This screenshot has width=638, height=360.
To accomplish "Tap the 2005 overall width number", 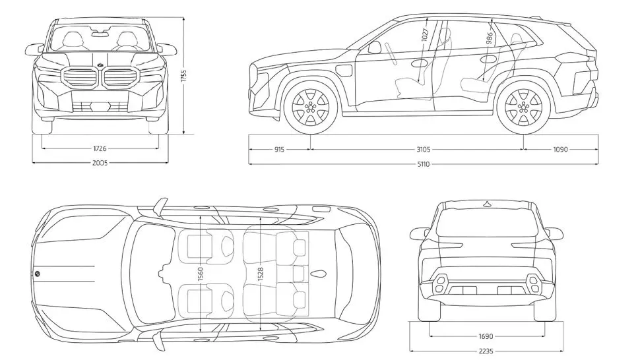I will (x=100, y=163).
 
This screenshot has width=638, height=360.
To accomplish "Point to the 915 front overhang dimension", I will (x=278, y=150).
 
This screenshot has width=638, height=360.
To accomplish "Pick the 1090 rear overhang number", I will (x=559, y=150).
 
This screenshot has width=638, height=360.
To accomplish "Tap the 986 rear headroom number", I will (x=489, y=38).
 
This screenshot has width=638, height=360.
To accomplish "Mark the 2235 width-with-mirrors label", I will (x=486, y=351).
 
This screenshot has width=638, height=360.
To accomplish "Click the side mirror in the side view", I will (x=375, y=47).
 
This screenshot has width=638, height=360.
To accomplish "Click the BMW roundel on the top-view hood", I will (x=38, y=273).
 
